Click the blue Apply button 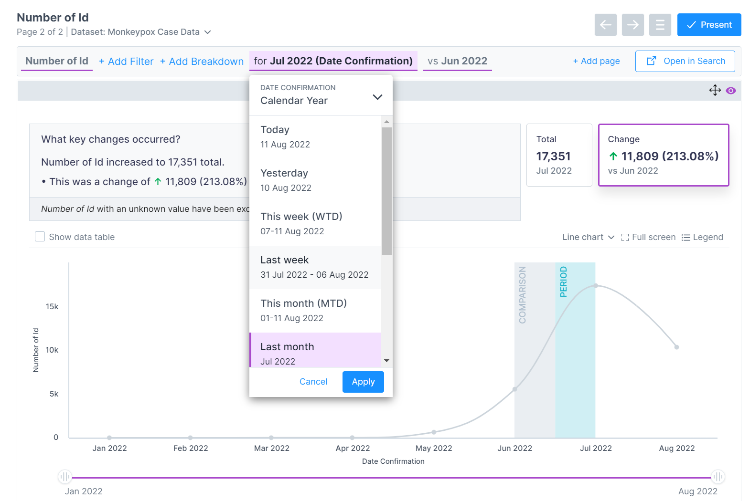(x=363, y=382)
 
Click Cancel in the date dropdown (x=313, y=382)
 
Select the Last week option (x=315, y=267)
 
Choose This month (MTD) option (x=315, y=311)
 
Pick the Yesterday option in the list (x=315, y=180)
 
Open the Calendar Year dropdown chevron (x=377, y=97)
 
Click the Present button (x=709, y=25)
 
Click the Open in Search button (x=685, y=61)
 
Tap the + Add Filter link (x=126, y=62)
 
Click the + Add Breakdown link (x=202, y=62)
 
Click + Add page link (x=596, y=61)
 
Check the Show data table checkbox (x=40, y=237)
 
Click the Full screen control (x=648, y=237)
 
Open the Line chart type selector (x=588, y=237)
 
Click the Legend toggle (x=702, y=237)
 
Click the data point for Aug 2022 (x=676, y=347)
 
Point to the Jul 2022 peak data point (x=596, y=286)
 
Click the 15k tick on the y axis (x=52, y=306)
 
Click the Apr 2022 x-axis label (x=353, y=448)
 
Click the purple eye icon (x=730, y=91)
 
